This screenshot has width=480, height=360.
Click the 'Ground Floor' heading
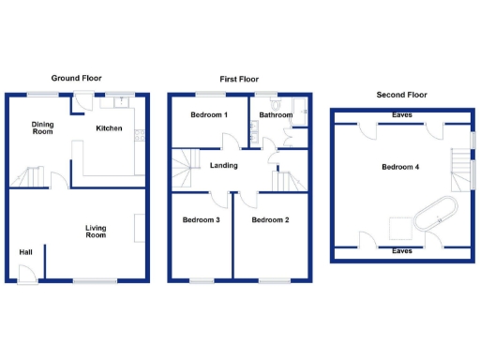(x=76, y=78)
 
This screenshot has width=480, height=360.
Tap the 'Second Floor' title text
(x=401, y=95)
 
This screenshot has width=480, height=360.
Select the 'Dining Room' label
(x=42, y=128)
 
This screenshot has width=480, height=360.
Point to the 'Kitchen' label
(x=110, y=128)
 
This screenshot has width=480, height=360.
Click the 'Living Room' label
(x=96, y=231)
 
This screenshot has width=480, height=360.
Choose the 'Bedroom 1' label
(x=209, y=114)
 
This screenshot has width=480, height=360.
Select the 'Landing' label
(x=223, y=166)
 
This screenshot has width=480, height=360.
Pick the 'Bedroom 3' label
(x=201, y=220)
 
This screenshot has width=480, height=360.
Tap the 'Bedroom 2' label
(x=269, y=220)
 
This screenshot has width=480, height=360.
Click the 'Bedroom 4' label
(x=400, y=167)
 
